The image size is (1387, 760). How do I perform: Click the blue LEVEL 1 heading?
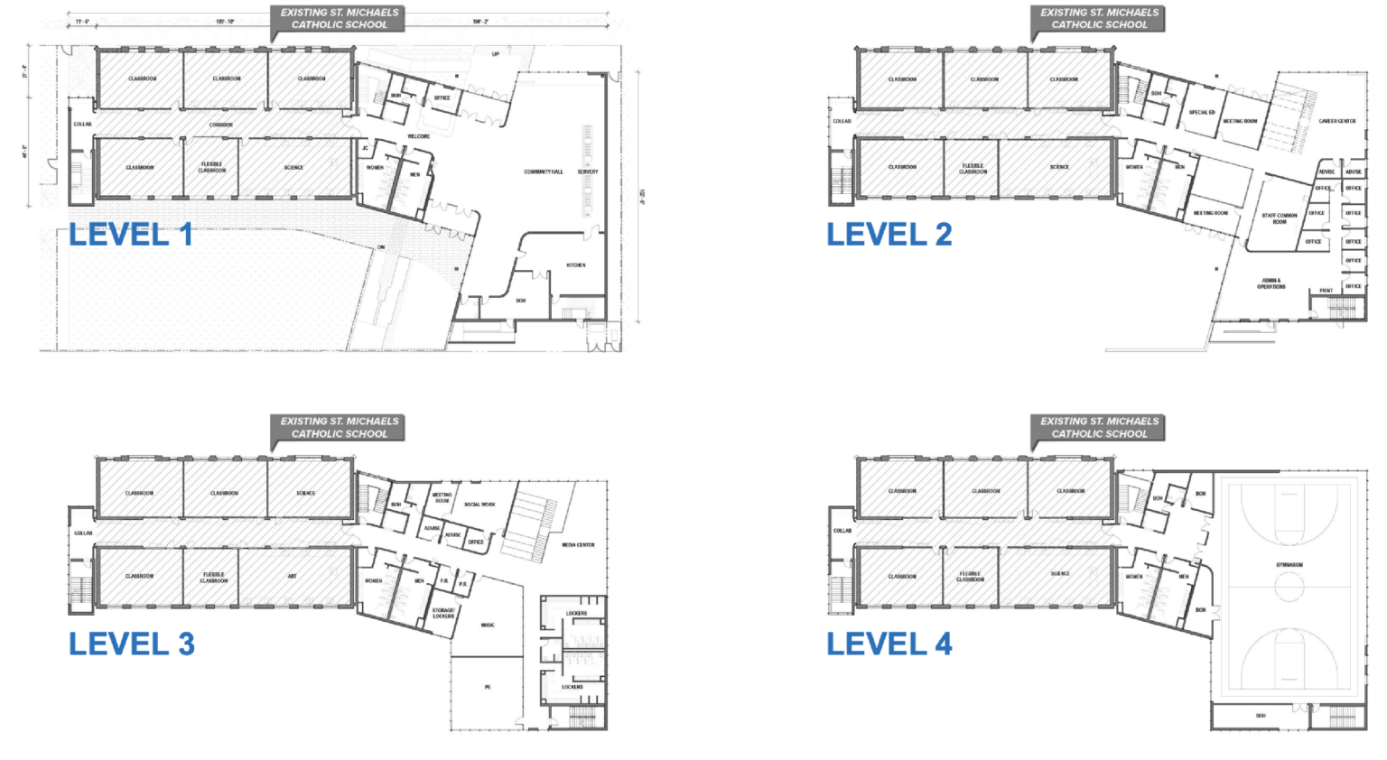[131, 235]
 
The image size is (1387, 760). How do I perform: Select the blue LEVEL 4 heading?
[889, 644]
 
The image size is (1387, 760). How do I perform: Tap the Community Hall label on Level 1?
[544, 171]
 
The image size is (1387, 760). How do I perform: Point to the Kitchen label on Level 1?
[576, 265]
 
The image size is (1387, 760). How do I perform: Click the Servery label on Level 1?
[588, 171]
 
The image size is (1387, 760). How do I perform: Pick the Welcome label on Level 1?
[418, 136]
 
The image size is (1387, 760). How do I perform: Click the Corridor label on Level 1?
[221, 125]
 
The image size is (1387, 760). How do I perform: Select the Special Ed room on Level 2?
[1202, 113]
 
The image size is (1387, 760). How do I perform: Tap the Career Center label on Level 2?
[1336, 121]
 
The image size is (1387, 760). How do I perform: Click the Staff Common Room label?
[1280, 218]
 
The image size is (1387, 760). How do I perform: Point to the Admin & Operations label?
[1271, 283]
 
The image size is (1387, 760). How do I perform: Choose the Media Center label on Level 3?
[578, 545]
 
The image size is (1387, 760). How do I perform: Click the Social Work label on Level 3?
[479, 505]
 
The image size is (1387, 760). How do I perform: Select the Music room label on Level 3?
[488, 625]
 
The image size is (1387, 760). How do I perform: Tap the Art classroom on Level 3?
[292, 576]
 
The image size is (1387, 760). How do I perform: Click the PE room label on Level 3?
[488, 687]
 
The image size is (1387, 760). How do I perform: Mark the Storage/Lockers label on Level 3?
[443, 613]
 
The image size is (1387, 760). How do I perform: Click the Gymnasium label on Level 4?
[1289, 565]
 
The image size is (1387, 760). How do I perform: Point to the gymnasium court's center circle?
[1289, 587]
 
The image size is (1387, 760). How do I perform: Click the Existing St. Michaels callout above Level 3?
[340, 428]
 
